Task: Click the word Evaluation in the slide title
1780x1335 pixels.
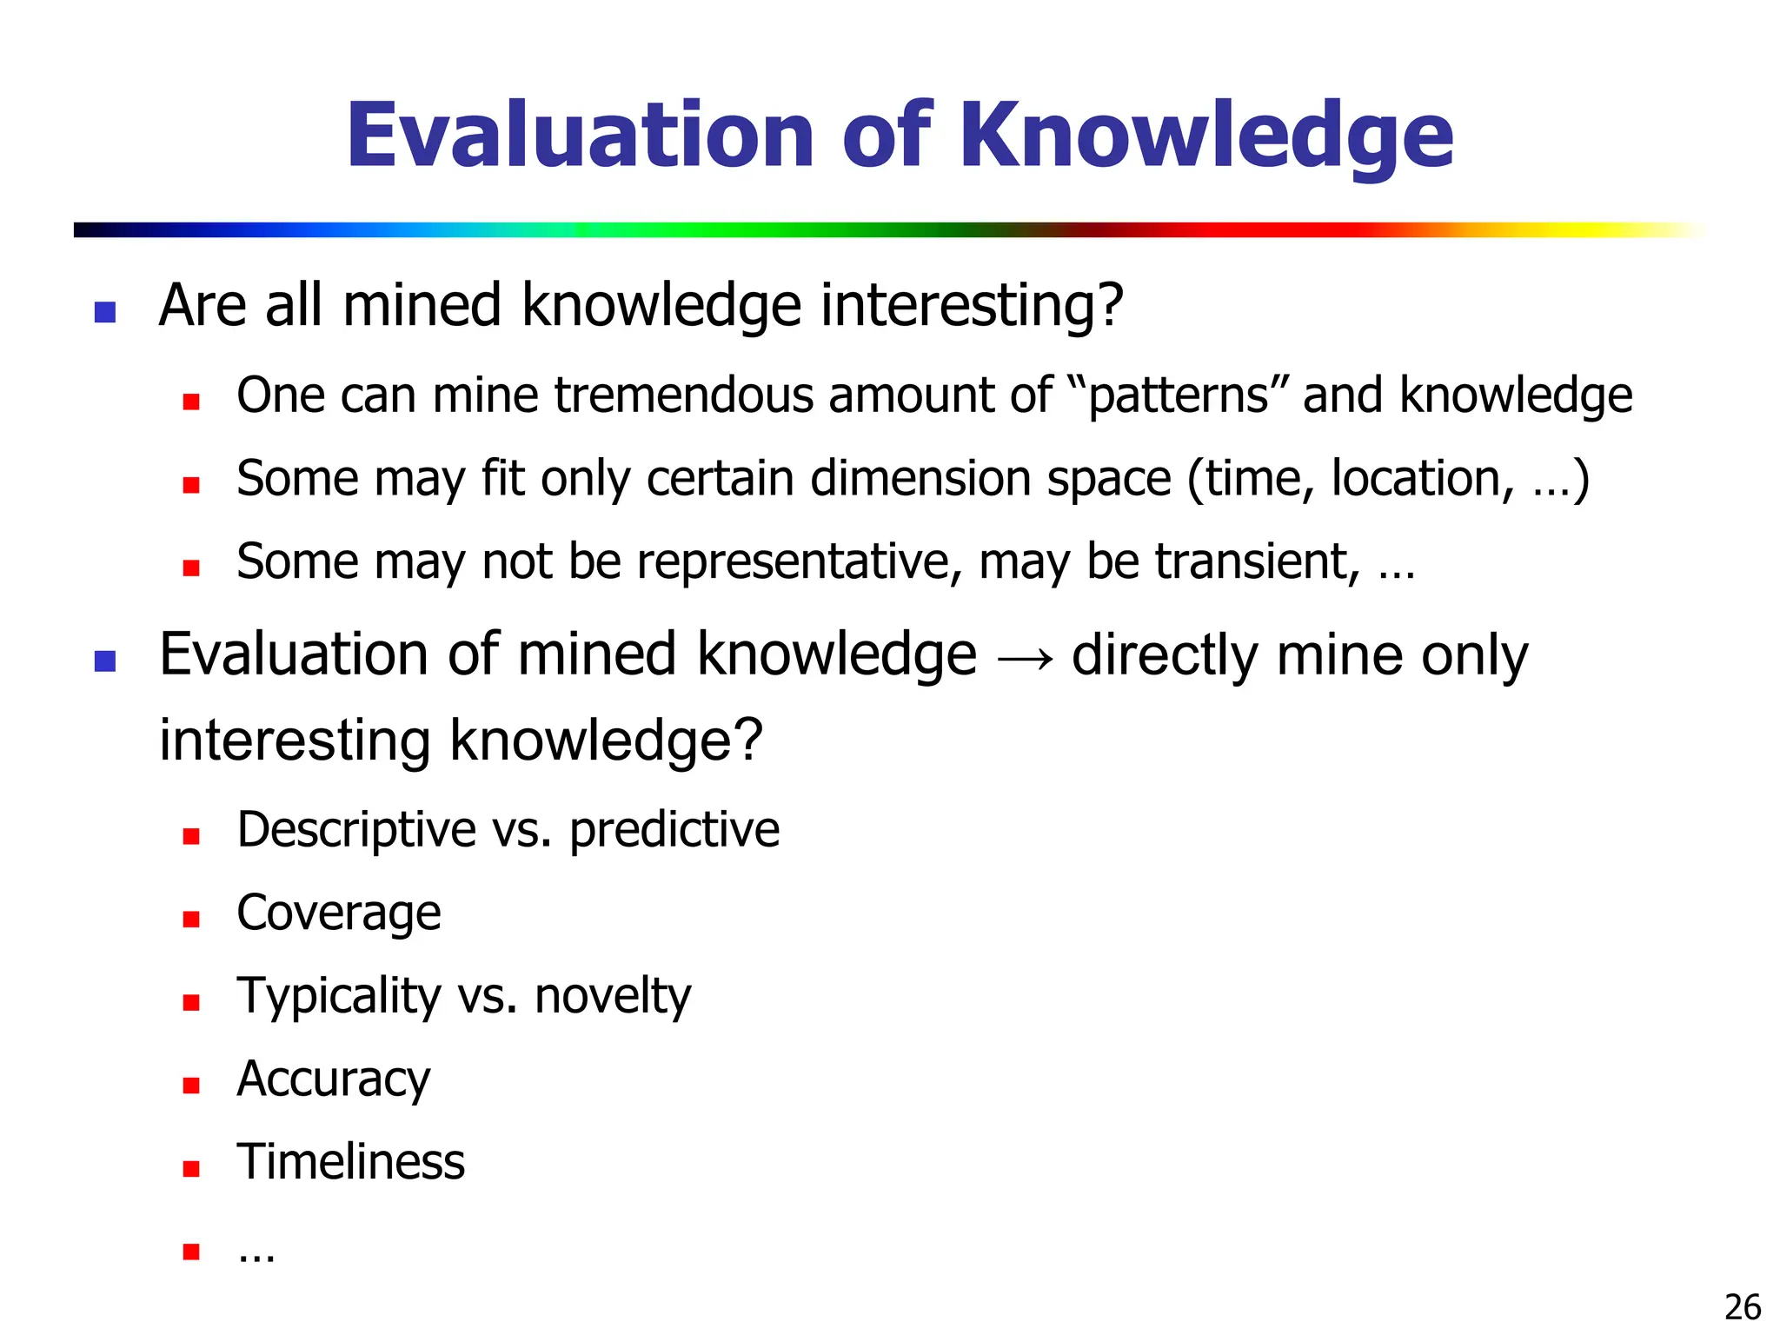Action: [580, 136]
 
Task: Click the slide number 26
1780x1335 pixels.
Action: [1742, 1307]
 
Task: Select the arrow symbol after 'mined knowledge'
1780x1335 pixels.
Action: [1025, 658]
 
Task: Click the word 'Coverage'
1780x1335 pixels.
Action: [339, 913]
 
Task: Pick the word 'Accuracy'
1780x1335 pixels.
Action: [334, 1080]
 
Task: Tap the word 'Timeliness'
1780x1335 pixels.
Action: [351, 1162]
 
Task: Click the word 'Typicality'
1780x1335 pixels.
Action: [339, 997]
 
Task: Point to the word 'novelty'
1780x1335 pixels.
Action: [613, 996]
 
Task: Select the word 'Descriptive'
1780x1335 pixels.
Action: [356, 830]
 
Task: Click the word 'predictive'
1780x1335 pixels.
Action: [674, 830]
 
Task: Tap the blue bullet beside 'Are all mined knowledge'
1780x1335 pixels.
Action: [105, 312]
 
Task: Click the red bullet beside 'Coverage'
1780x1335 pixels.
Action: [191, 920]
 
